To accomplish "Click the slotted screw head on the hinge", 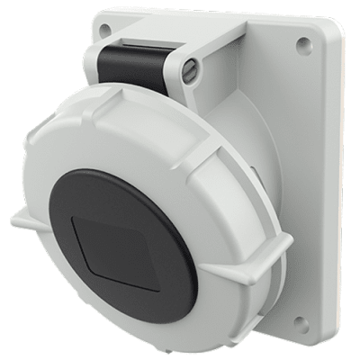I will [x=190, y=66].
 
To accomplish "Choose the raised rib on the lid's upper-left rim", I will [x=63, y=126].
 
